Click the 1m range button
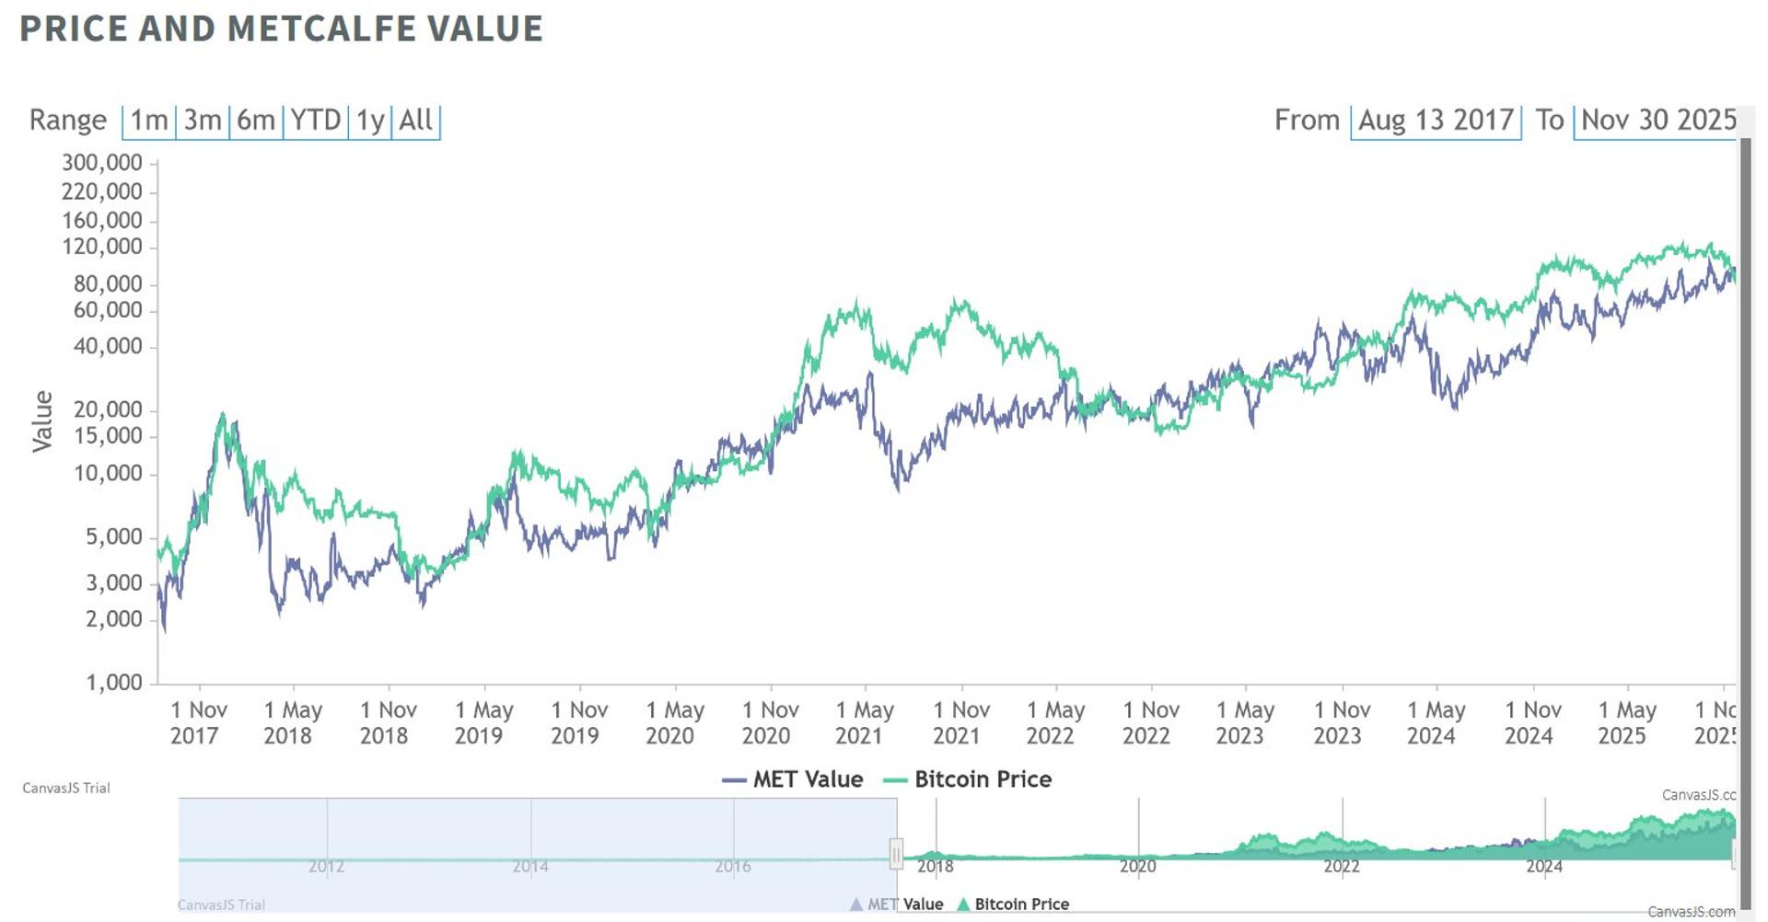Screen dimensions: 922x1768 (149, 121)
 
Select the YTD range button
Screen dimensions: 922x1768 (316, 121)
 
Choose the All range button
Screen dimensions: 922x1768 (416, 121)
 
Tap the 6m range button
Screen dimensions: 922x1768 (256, 121)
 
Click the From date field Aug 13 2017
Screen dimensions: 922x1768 (1436, 121)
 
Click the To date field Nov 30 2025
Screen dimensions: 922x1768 (1657, 121)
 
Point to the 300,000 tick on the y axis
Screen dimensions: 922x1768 (102, 163)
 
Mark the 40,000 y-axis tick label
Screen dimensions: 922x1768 (108, 347)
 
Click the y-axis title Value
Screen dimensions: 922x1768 (42, 421)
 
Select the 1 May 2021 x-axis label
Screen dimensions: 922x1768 (865, 722)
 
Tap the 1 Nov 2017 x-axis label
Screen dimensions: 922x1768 (198, 722)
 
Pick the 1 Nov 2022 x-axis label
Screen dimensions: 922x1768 (1151, 722)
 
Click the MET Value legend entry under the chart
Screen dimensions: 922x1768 (794, 779)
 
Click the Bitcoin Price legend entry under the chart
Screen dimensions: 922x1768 (968, 779)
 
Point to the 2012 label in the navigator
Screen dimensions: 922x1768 (326, 867)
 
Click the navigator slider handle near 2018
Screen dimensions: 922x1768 (896, 855)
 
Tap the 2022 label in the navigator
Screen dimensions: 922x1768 (1342, 867)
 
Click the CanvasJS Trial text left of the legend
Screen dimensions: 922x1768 (66, 789)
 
